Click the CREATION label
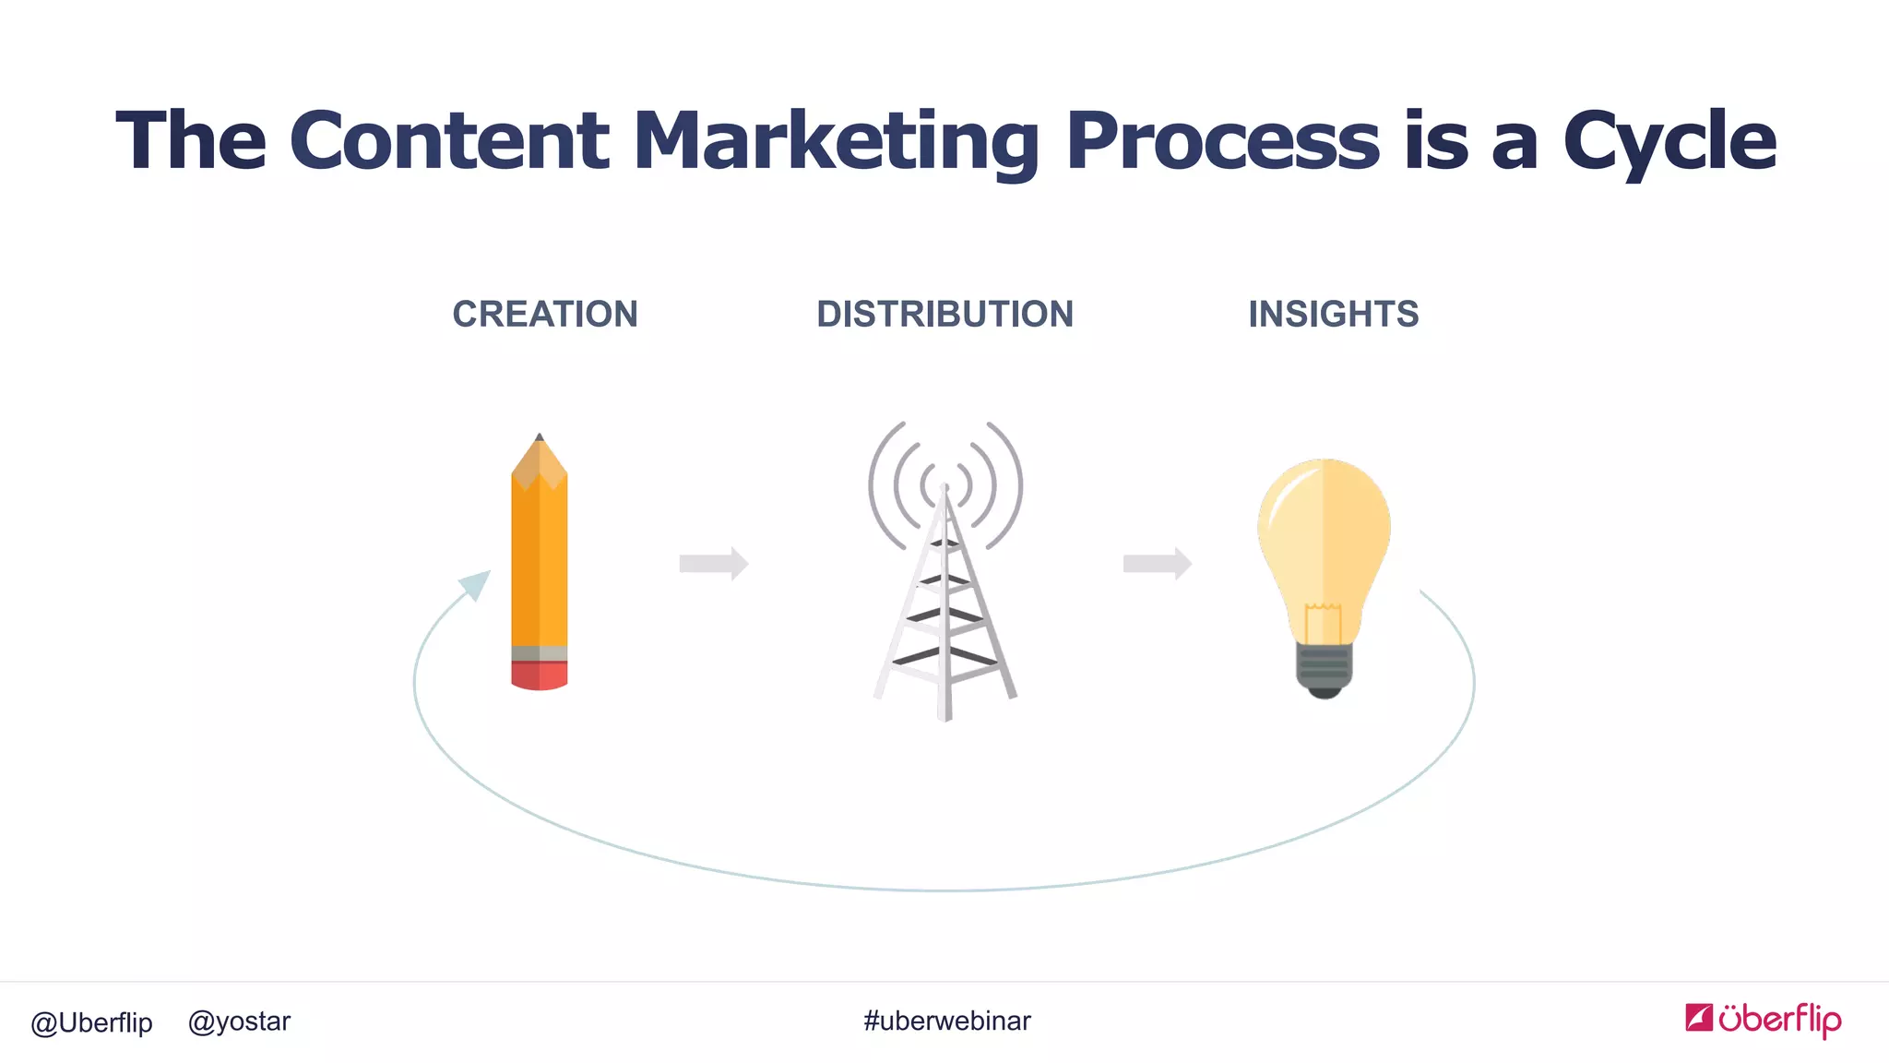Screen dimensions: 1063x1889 click(544, 315)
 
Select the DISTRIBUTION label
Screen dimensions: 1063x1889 click(944, 315)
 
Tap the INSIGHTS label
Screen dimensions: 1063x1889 click(1333, 315)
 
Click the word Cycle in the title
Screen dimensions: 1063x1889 click(1669, 141)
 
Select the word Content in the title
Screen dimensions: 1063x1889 click(449, 141)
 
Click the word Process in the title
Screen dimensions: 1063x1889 click(1222, 141)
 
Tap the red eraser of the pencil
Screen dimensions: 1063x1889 click(540, 675)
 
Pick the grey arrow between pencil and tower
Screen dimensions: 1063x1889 click(713, 563)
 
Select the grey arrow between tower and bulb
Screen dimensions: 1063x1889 click(1157, 563)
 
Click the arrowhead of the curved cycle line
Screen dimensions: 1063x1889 click(476, 583)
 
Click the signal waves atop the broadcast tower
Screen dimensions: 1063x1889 click(945, 471)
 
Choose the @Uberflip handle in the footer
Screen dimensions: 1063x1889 click(91, 1022)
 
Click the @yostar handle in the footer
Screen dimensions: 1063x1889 click(239, 1021)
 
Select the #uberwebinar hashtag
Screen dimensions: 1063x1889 click(947, 1021)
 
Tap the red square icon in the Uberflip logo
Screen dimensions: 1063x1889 click(1698, 1017)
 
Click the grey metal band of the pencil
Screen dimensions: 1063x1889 click(540, 653)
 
